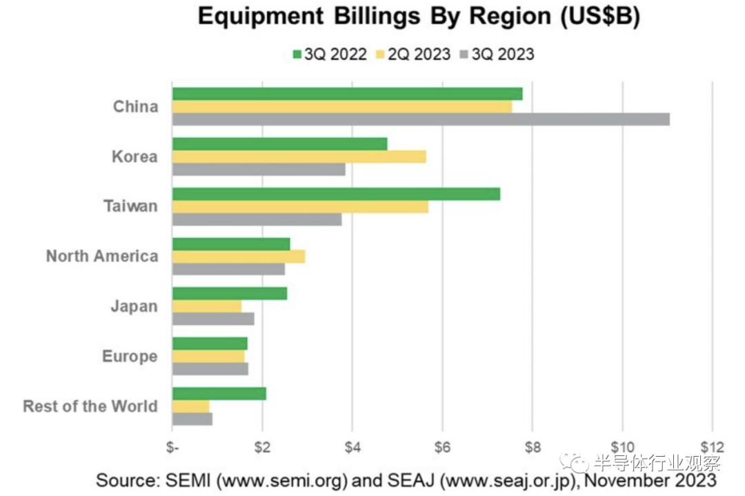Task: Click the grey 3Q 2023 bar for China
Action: coord(421,119)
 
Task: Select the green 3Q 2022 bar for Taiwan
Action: coord(336,194)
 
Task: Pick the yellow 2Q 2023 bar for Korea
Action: coord(299,157)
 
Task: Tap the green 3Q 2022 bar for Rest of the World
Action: coord(219,394)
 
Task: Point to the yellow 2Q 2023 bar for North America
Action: coord(238,257)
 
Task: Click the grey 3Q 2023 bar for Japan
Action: coord(212,319)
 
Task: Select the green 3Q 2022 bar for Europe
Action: coord(209,344)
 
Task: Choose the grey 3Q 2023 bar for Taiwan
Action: coord(257,219)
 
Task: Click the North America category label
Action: coord(102,257)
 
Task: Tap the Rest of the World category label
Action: coord(90,406)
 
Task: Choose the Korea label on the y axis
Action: coord(135,157)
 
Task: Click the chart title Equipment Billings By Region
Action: coord(419,17)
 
